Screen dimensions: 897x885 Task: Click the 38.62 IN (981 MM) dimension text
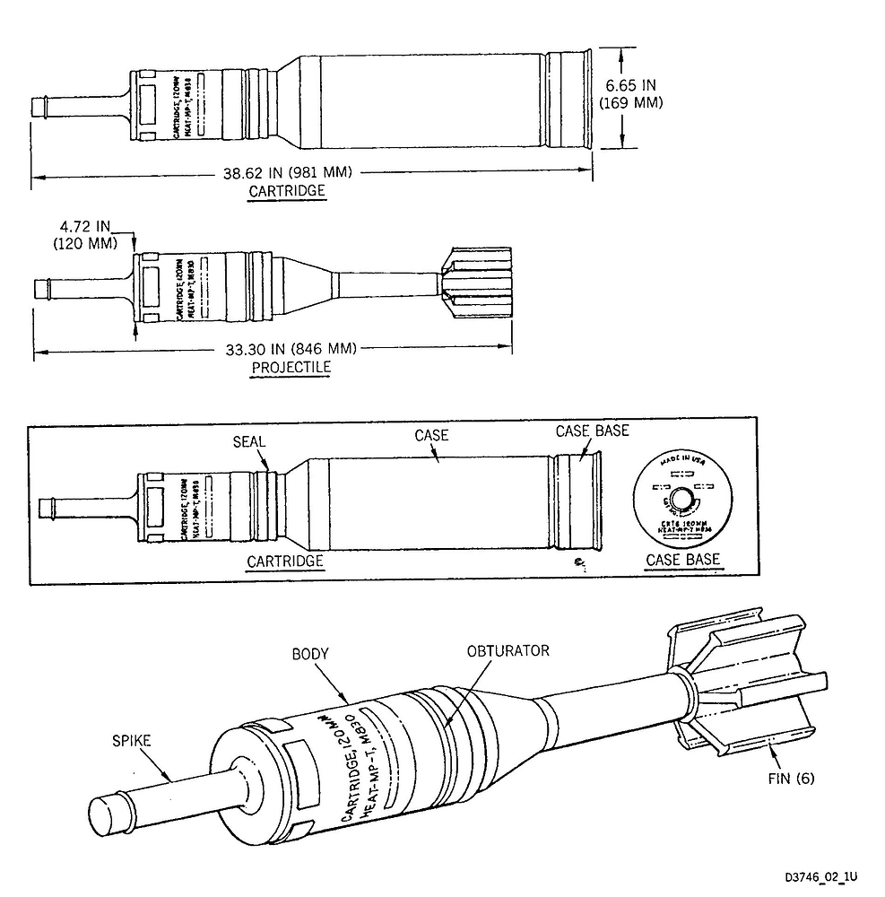tap(287, 173)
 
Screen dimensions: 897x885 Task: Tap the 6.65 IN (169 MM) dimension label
tap(630, 94)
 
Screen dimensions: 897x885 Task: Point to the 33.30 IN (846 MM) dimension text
tap(287, 349)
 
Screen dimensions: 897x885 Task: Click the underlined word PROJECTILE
tap(291, 367)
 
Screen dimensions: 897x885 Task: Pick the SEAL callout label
tap(248, 440)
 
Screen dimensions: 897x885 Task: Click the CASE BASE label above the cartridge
tap(592, 431)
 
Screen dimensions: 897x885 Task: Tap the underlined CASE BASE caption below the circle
tap(682, 561)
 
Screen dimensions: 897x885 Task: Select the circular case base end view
tap(682, 500)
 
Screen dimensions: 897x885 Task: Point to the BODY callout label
tap(310, 654)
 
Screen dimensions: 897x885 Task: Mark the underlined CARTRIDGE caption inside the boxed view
tap(284, 561)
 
